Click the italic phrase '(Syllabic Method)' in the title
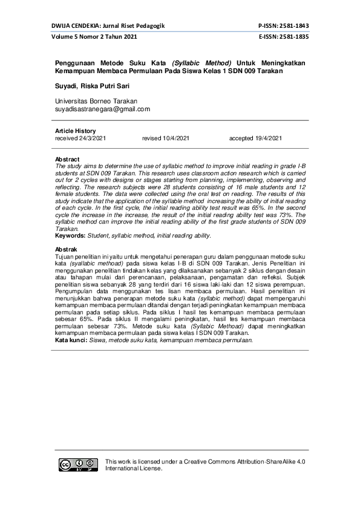[x=201, y=63]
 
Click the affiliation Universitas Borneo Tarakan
[x=96, y=101]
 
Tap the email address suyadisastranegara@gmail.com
[x=102, y=109]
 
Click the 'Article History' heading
[x=75, y=131]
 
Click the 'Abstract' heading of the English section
[x=67, y=159]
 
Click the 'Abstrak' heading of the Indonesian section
[x=66, y=250]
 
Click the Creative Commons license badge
[x=79, y=465]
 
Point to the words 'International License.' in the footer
[x=134, y=468]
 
